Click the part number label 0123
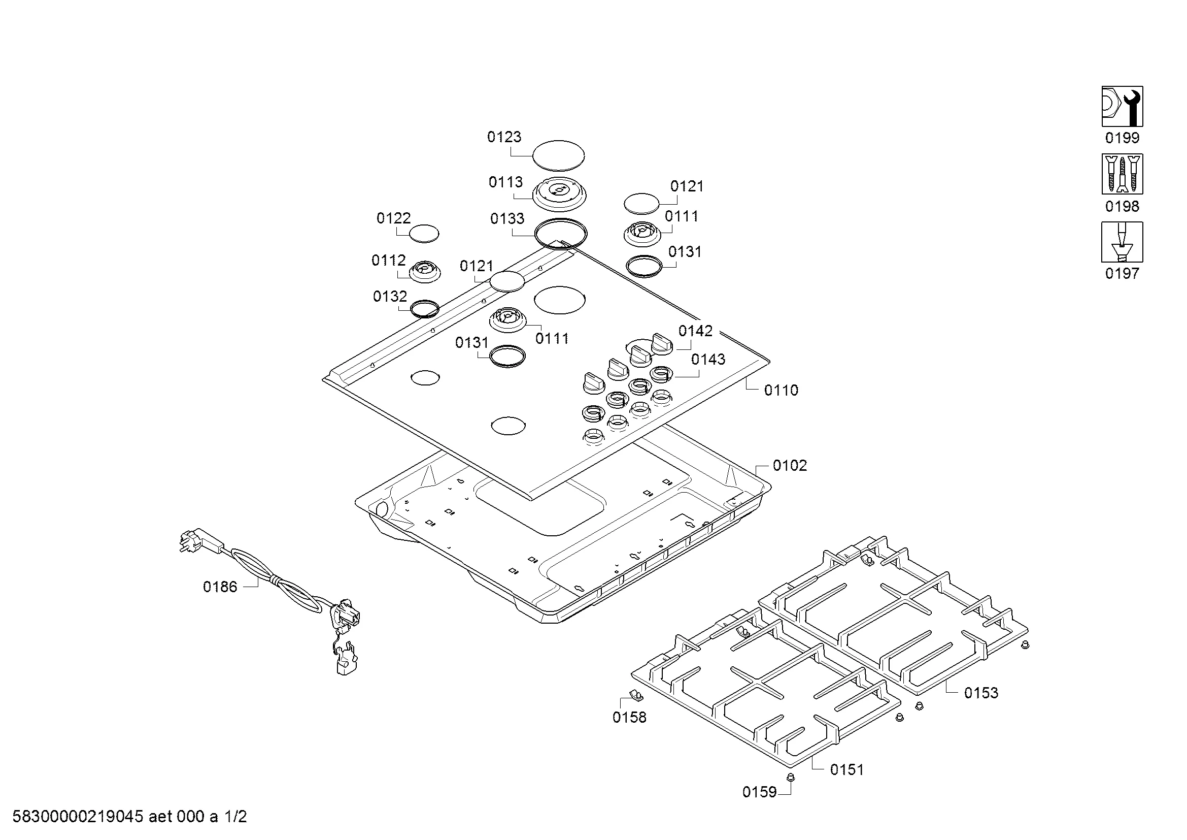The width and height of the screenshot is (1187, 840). pyautogui.click(x=504, y=137)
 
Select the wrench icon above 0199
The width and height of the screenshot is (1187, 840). pyautogui.click(x=1122, y=107)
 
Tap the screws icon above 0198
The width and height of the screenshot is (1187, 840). pyautogui.click(x=1122, y=174)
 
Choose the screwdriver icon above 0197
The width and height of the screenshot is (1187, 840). pyautogui.click(x=1122, y=242)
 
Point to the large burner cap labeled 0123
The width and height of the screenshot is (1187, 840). pyautogui.click(x=558, y=155)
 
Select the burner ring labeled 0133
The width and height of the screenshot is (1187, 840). pyautogui.click(x=561, y=234)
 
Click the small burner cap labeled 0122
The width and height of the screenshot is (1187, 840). pyautogui.click(x=424, y=234)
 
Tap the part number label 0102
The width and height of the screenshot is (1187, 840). pyautogui.click(x=790, y=466)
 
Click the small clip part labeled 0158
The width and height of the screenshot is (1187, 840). pyautogui.click(x=635, y=695)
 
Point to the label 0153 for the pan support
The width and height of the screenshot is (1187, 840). pyautogui.click(x=981, y=693)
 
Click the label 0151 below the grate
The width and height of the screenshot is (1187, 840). pyautogui.click(x=847, y=769)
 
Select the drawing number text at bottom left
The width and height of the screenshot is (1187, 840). pyautogui.click(x=129, y=817)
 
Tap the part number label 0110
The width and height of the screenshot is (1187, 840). pyautogui.click(x=781, y=390)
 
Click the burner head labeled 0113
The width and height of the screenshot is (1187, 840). pyautogui.click(x=560, y=194)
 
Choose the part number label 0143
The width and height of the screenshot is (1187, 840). pyautogui.click(x=708, y=359)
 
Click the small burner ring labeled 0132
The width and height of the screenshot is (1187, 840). pyautogui.click(x=424, y=309)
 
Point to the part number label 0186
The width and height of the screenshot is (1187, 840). pyautogui.click(x=220, y=587)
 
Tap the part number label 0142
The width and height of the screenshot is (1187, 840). pyautogui.click(x=695, y=331)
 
